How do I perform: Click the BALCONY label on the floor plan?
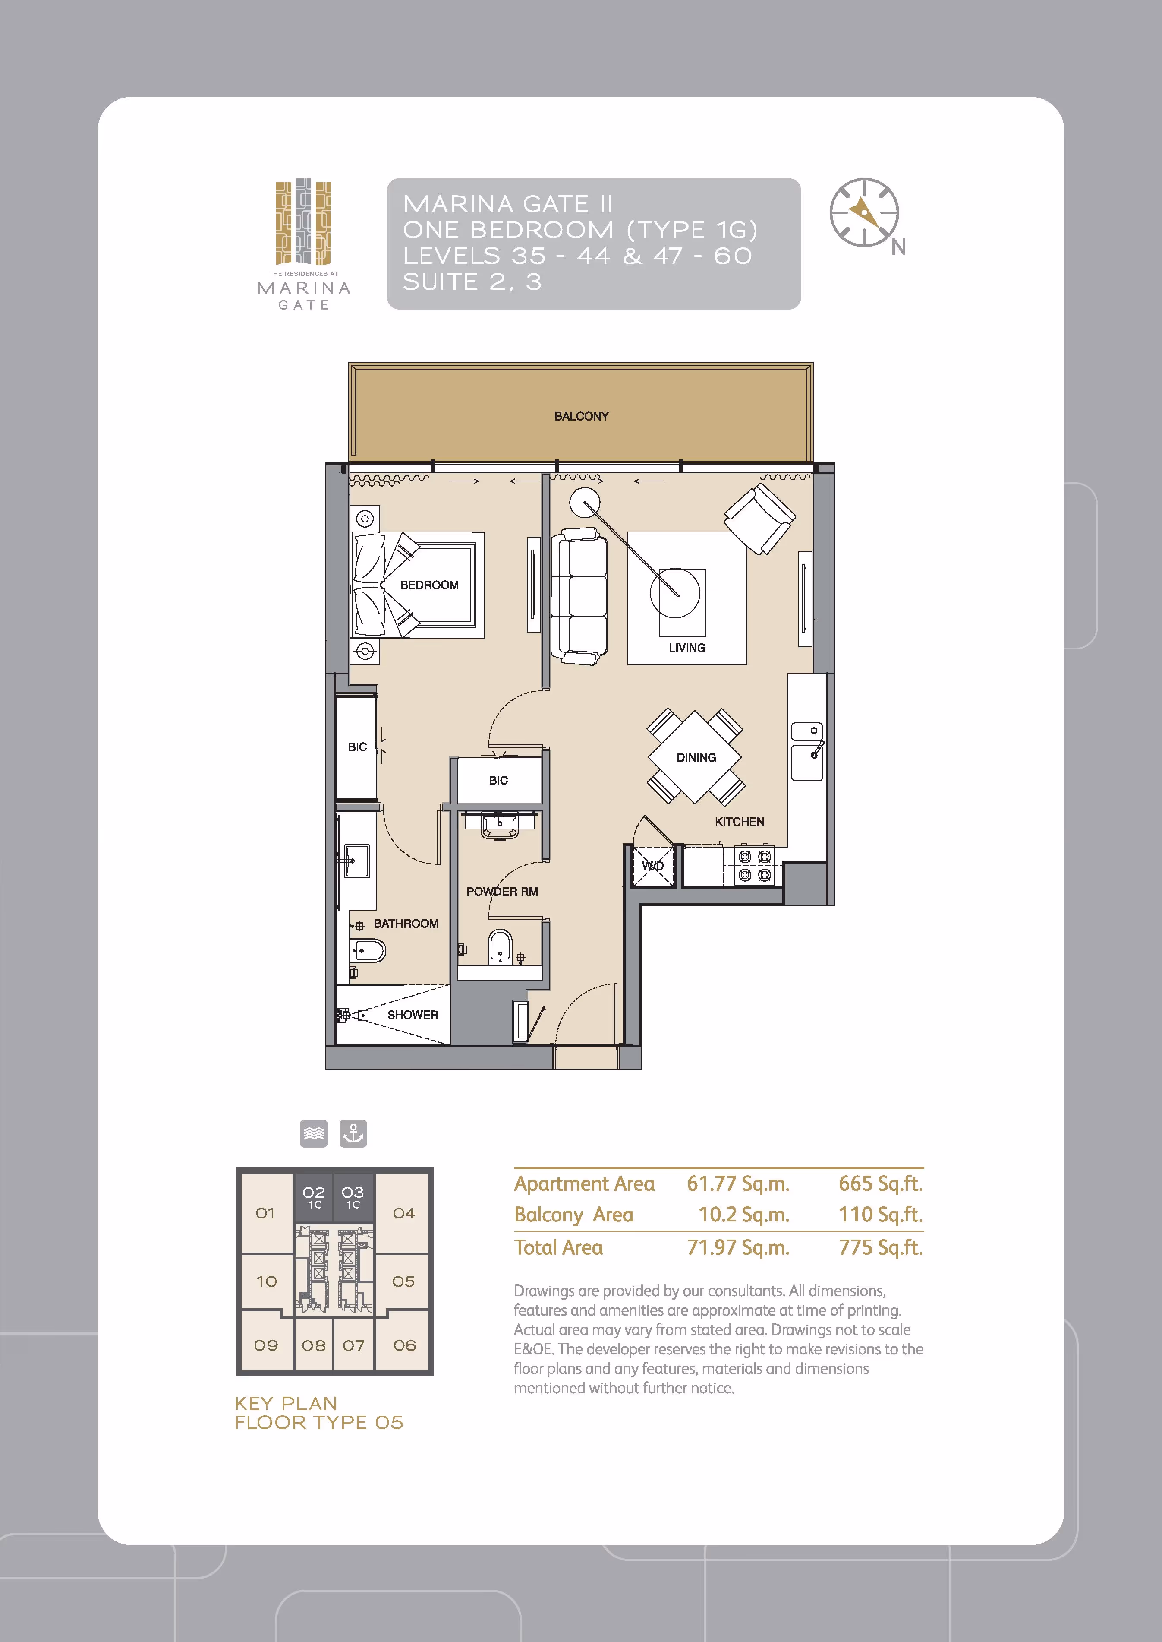pos(581,416)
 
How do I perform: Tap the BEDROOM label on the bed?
pos(429,585)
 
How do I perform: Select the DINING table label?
pos(696,757)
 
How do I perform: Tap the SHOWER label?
pos(413,1015)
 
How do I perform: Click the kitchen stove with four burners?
pos(755,865)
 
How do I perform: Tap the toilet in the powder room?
pos(500,946)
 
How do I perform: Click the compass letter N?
pos(899,247)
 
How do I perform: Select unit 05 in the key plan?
pos(403,1281)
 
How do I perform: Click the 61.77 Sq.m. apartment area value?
pos(738,1184)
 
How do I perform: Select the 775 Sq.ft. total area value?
pos(880,1248)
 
